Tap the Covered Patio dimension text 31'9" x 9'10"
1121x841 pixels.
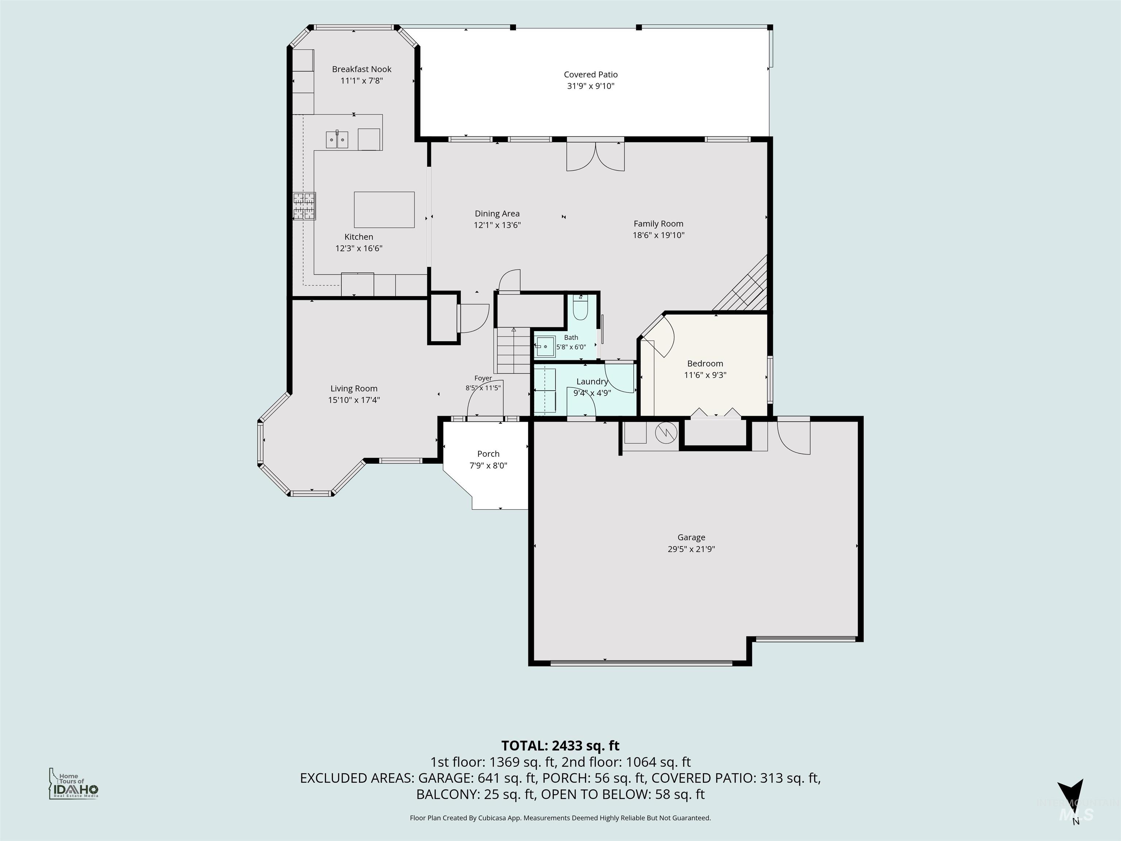pos(590,86)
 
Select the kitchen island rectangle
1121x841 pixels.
pos(384,210)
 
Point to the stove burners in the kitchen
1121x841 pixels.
pos(304,206)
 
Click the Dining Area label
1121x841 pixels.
pos(497,214)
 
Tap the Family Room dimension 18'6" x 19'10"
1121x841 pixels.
pos(658,235)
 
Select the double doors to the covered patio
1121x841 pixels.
pos(596,155)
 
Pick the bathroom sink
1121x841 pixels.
pos(544,346)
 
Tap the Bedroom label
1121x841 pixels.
pos(705,364)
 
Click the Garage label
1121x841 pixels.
pos(691,537)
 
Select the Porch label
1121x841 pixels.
pos(488,454)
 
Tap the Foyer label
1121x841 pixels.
pos(483,378)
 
